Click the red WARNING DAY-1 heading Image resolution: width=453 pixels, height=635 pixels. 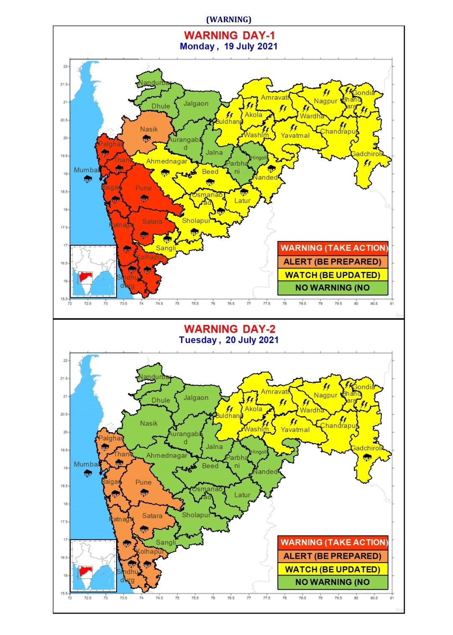click(229, 36)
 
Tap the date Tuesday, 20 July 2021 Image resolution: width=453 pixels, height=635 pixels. click(229, 340)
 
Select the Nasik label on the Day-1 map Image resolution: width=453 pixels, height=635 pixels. click(149, 129)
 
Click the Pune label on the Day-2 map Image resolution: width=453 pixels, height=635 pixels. click(143, 483)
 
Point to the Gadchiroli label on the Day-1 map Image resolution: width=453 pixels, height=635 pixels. click(367, 154)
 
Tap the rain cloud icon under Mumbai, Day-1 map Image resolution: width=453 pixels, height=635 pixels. click(88, 179)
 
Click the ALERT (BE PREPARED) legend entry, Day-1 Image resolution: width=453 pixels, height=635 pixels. click(333, 262)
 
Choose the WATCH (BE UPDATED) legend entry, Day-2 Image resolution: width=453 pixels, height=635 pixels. click(333, 570)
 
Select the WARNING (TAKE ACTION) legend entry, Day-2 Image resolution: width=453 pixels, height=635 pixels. click(333, 542)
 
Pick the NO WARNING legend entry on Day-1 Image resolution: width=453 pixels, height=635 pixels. click(333, 288)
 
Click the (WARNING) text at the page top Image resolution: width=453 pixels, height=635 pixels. click(229, 19)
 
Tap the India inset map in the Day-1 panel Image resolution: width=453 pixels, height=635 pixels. click(93, 271)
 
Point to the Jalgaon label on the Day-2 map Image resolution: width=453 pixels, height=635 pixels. click(196, 398)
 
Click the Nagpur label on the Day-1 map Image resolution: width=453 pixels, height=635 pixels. click(325, 101)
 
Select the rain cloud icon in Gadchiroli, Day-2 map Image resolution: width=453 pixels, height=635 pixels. click(367, 457)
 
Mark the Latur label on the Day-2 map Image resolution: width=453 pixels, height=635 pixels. click(242, 495)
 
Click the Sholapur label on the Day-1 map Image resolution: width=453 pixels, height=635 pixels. click(196, 221)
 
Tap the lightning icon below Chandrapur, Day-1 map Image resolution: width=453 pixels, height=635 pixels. click(343, 125)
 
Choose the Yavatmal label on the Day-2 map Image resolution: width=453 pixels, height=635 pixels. click(295, 430)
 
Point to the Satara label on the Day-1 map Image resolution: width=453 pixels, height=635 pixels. click(152, 222)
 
